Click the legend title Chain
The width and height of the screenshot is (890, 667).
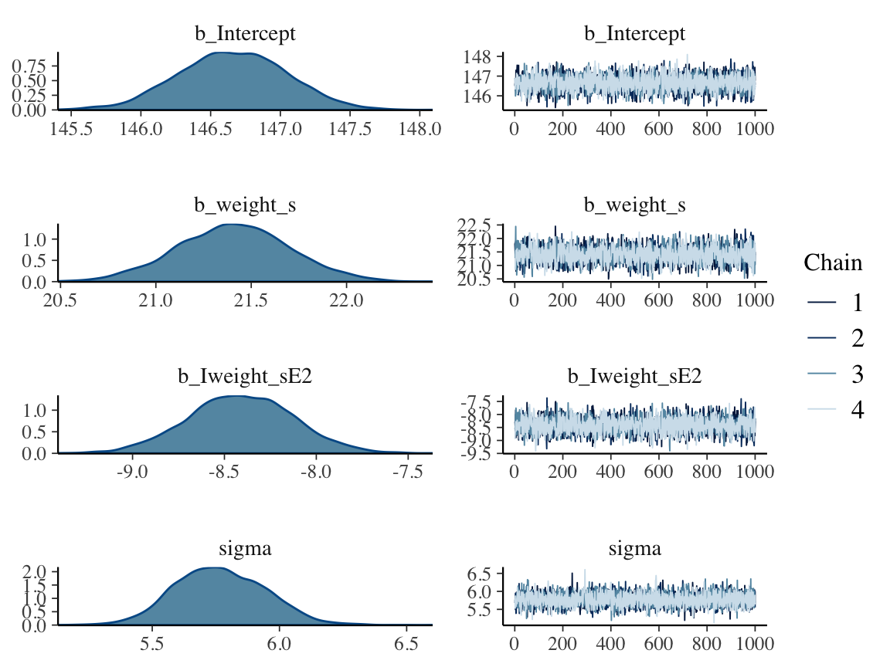click(x=833, y=263)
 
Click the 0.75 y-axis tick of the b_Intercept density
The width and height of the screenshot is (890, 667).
click(x=32, y=65)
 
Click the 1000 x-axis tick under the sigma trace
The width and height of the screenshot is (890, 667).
click(x=755, y=644)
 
